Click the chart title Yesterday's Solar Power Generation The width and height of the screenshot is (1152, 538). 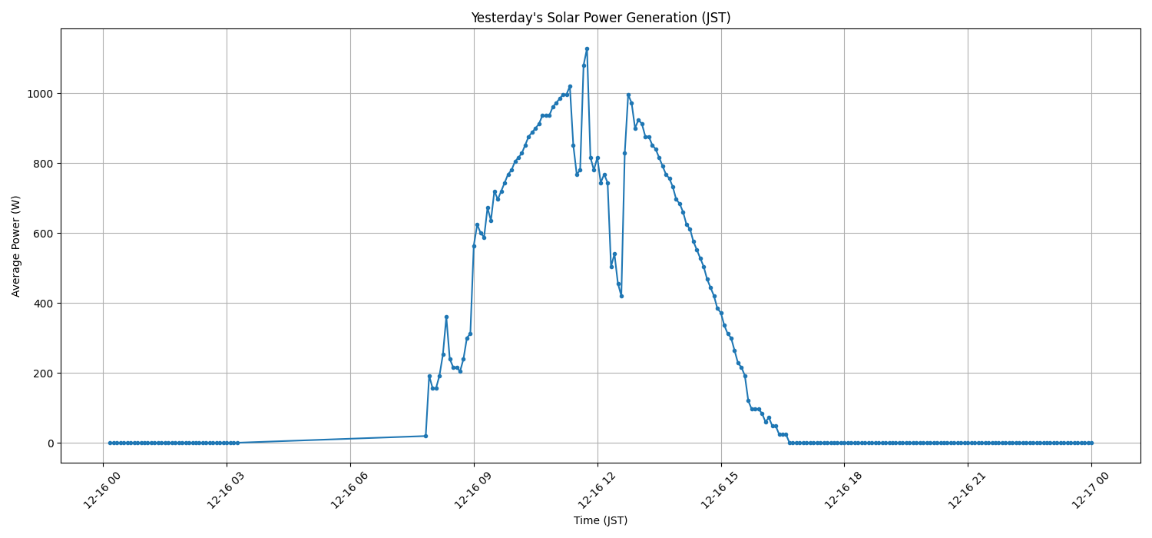point(601,18)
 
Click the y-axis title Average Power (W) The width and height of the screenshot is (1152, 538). point(16,246)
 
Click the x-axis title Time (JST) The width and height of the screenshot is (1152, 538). point(601,520)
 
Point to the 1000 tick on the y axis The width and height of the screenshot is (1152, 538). point(41,94)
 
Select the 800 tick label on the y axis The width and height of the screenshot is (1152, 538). point(45,164)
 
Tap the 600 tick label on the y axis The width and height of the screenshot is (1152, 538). point(45,234)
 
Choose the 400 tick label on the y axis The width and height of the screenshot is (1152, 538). point(45,304)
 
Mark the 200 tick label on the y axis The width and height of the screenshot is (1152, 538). point(45,374)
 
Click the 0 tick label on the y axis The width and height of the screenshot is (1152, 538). point(51,443)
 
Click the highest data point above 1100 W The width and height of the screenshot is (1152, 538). point(587,48)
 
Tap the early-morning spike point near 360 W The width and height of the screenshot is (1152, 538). point(446,317)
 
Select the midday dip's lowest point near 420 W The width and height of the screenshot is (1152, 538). point(621,296)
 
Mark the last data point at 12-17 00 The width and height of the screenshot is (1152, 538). point(1091,443)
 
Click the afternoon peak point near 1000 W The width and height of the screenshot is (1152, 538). point(628,95)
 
